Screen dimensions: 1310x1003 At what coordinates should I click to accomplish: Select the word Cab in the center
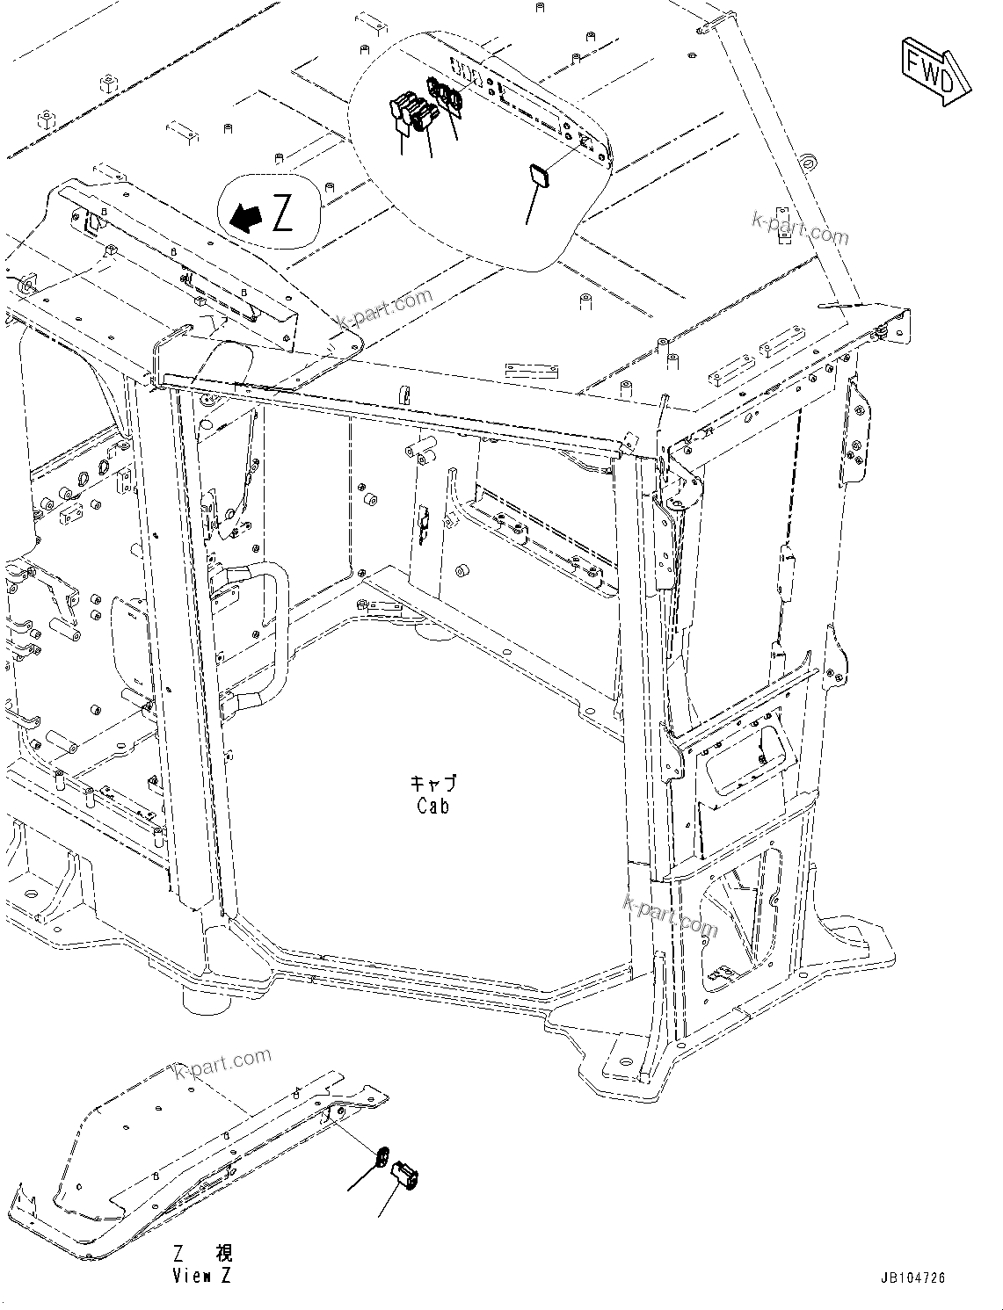433,805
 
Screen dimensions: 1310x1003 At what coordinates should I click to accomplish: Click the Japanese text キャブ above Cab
433,783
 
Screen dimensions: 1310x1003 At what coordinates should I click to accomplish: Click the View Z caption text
201,1276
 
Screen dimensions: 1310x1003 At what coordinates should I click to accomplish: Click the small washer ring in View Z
382,1158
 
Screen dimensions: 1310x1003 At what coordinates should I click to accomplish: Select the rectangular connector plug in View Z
406,1173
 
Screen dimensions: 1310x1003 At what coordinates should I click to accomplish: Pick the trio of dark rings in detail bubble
445,95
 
